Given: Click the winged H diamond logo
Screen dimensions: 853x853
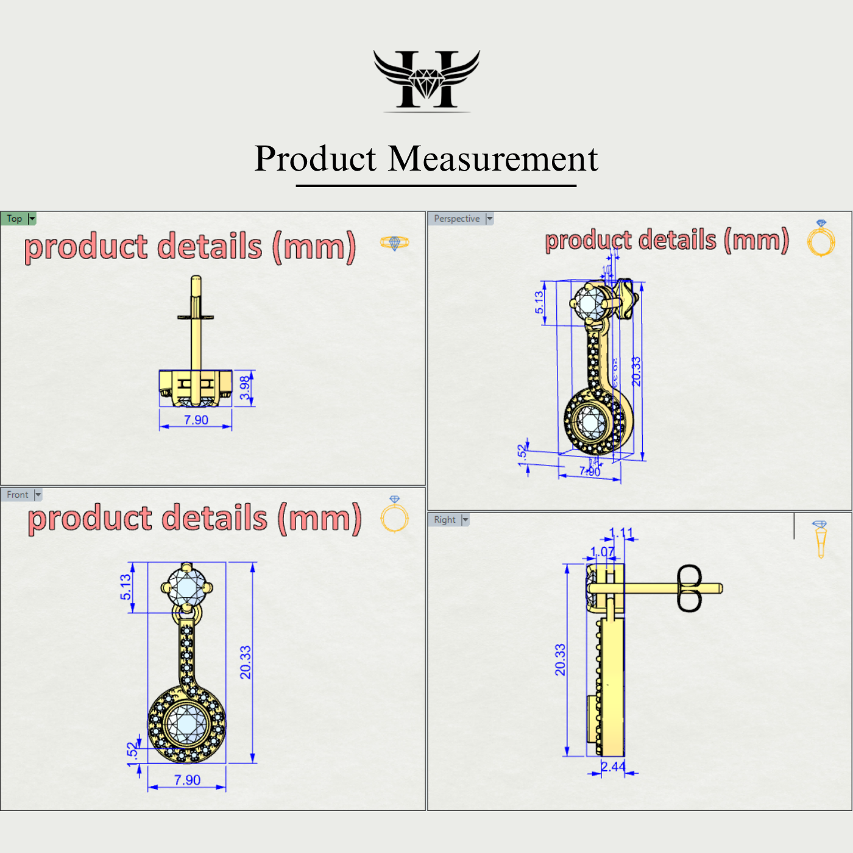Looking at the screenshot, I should [x=426, y=80].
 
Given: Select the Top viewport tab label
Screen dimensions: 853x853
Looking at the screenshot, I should [x=15, y=218].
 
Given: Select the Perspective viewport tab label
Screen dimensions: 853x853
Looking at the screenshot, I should [x=456, y=218].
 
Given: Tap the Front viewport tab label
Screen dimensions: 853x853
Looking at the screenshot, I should [x=17, y=495].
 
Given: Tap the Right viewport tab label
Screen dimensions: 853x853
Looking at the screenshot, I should [x=444, y=520].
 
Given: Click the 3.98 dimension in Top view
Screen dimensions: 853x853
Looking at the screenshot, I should [x=245, y=388].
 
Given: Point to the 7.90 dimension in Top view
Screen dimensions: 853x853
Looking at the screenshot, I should [x=196, y=420].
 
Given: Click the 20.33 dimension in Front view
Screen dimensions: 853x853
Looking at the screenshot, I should [x=245, y=662].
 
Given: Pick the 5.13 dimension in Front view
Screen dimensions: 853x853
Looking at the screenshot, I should [x=126, y=587].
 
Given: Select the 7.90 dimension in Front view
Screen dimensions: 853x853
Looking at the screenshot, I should [x=187, y=780].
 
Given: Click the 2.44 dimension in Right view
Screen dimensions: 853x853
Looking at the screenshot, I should [x=613, y=766].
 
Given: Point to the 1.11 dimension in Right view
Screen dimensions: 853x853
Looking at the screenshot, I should [x=621, y=533].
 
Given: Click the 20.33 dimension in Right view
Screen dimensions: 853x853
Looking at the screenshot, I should [x=560, y=660].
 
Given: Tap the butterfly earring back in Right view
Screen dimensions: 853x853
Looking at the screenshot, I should [x=689, y=588].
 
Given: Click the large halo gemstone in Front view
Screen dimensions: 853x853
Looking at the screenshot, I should [x=186, y=724].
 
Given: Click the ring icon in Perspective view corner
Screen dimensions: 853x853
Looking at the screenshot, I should [x=821, y=238].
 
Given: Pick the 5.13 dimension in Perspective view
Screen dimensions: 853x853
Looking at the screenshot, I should [x=539, y=302].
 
